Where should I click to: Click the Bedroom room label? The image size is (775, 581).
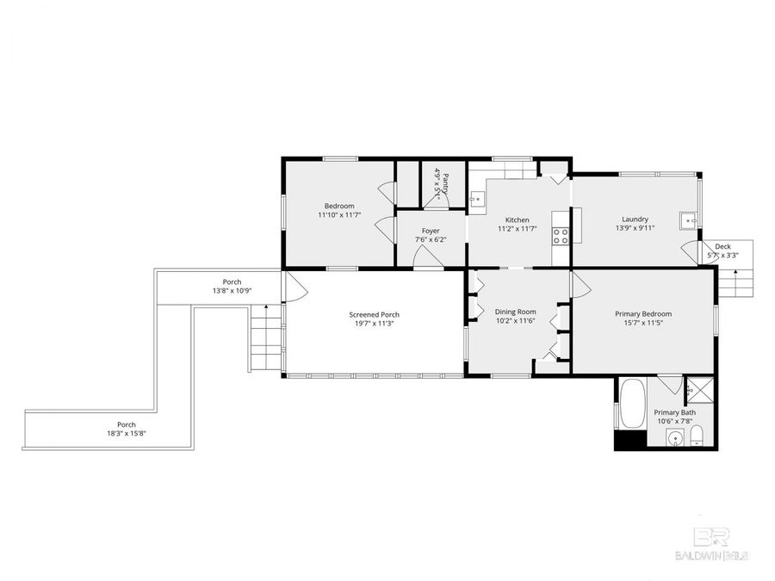click(x=339, y=206)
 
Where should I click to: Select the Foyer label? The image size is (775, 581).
click(x=431, y=231)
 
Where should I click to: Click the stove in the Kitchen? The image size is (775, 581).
click(x=561, y=235)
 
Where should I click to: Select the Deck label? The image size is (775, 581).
click(x=722, y=246)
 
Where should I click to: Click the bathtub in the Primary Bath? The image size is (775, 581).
click(x=632, y=404)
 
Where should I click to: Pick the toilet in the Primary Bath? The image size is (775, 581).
click(x=698, y=436)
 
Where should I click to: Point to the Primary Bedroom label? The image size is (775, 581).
click(x=643, y=314)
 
